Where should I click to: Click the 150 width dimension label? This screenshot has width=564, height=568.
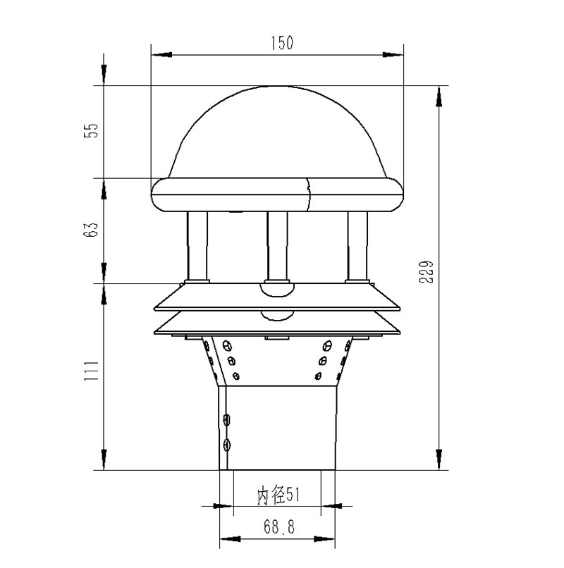pyautogui.click(x=281, y=44)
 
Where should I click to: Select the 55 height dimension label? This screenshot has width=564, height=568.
pyautogui.click(x=90, y=131)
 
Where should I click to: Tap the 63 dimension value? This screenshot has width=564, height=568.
pyautogui.click(x=90, y=230)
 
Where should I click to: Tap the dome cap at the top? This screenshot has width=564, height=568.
pyautogui.click(x=278, y=134)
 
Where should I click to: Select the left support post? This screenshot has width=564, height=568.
pyautogui.click(x=197, y=247)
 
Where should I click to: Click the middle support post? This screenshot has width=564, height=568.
pyautogui.click(x=277, y=247)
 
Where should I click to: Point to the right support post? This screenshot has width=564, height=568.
pyautogui.click(x=358, y=247)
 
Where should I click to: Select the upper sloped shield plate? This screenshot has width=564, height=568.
pyautogui.click(x=278, y=299)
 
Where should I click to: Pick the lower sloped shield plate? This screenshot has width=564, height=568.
pyautogui.click(x=278, y=324)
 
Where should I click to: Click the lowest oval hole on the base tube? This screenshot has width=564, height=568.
pyautogui.click(x=226, y=444)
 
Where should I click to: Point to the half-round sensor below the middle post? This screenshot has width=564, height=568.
pyautogui.click(x=277, y=289)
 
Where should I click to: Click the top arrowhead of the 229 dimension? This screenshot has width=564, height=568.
pyautogui.click(x=439, y=96)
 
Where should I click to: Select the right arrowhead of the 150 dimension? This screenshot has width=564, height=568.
pyautogui.click(x=396, y=54)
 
